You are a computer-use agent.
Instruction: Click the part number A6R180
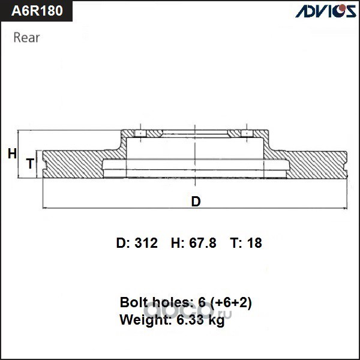coord(37,11)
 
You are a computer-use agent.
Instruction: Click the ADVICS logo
coord(326,11)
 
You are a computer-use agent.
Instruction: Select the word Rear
coord(26,38)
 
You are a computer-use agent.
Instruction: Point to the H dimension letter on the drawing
coord(12,154)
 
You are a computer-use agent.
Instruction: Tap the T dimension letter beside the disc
coord(31,163)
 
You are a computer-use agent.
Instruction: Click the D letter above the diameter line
coord(196,202)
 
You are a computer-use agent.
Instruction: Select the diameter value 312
coord(146,243)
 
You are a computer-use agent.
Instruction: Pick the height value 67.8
coord(203,243)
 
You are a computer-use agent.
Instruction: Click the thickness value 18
coord(254,243)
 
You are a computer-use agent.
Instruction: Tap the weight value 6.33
coord(190,319)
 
